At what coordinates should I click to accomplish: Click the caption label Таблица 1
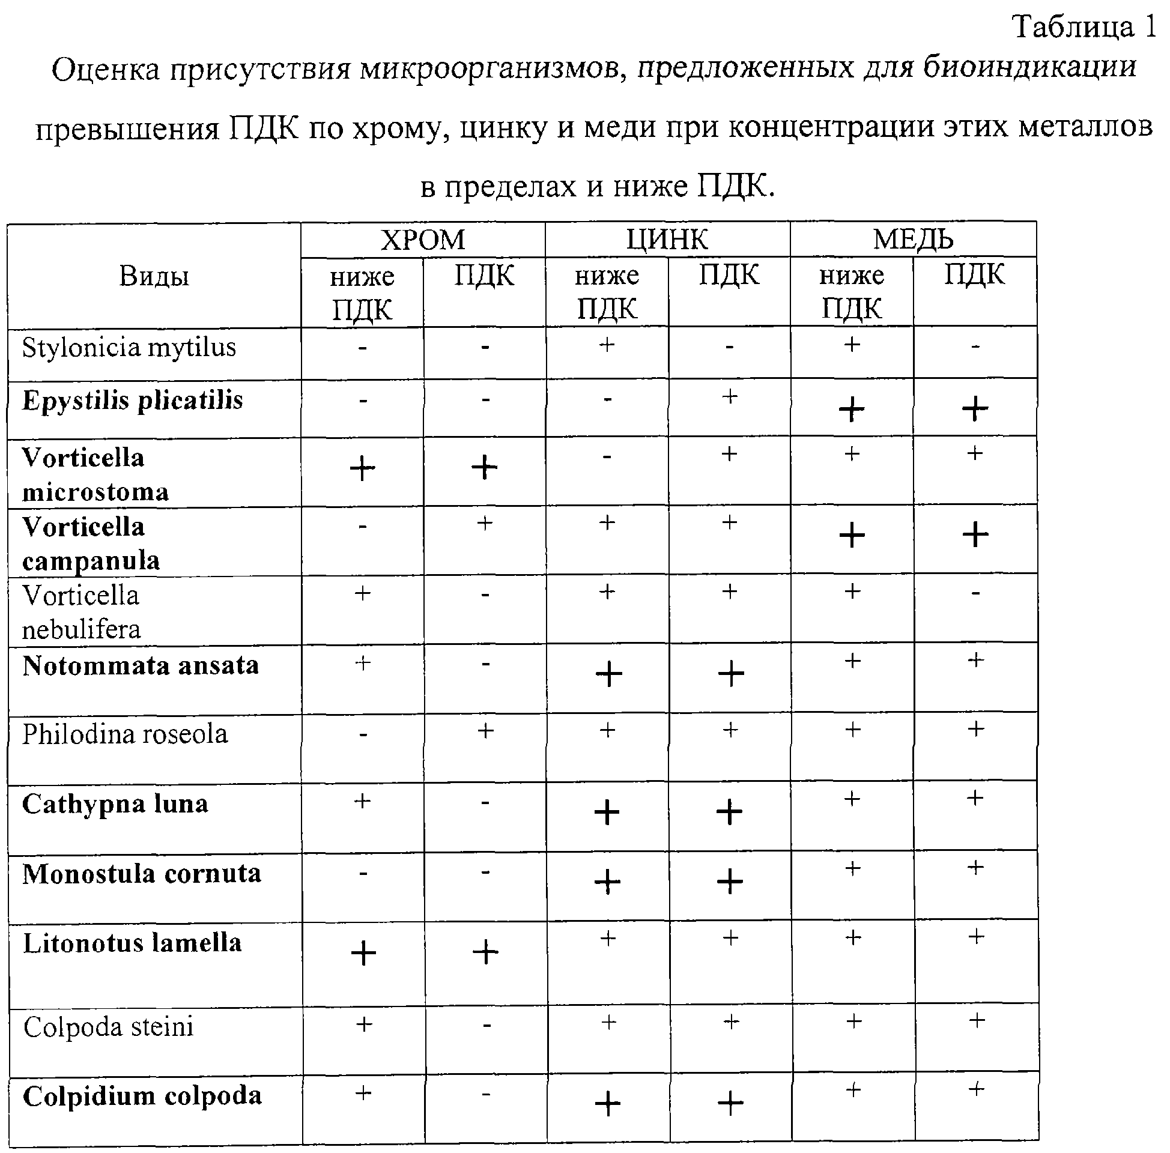pyautogui.click(x=1085, y=27)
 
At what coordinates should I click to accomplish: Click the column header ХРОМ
pyautogui.click(x=423, y=240)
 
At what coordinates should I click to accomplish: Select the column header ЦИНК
pyautogui.click(x=667, y=240)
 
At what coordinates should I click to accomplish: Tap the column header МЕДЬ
pyautogui.click(x=912, y=240)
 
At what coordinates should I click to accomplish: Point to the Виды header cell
pyautogui.click(x=154, y=276)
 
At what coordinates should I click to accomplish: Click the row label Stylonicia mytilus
pyautogui.click(x=129, y=348)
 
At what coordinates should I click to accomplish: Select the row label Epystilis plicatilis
pyautogui.click(x=133, y=401)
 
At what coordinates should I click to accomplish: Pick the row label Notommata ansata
pyautogui.click(x=141, y=666)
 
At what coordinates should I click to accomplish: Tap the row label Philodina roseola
pyautogui.click(x=125, y=734)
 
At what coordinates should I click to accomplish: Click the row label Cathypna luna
pyautogui.click(x=115, y=804)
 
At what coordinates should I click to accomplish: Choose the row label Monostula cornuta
pyautogui.click(x=142, y=874)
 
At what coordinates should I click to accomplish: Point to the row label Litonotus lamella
pyautogui.click(x=132, y=943)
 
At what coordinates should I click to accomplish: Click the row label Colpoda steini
pyautogui.click(x=108, y=1027)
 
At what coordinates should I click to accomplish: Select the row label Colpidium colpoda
pyautogui.click(x=142, y=1097)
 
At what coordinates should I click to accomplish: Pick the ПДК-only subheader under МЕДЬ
pyautogui.click(x=974, y=275)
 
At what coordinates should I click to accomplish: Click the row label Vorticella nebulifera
pyautogui.click(x=81, y=612)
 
